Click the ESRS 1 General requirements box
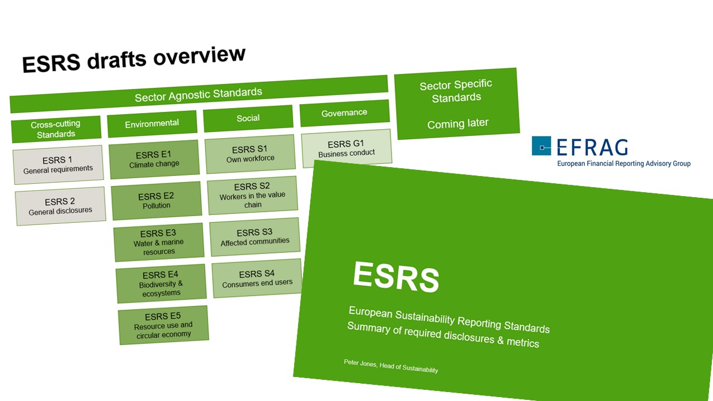pos(58,164)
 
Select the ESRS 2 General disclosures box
pos(60,206)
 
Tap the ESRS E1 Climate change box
pos(154,159)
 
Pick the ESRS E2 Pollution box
pos(157,200)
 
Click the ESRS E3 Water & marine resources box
pos(159,242)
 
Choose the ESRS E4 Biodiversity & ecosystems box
pos(161,283)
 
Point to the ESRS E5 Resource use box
pos(163,325)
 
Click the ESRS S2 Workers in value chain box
pos(252,195)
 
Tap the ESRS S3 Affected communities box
pos(255,237)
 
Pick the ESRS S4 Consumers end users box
pos(257,278)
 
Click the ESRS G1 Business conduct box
pos(346,148)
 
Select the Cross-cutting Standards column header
pos(56,129)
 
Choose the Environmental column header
pos(152,124)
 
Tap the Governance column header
pos(344,113)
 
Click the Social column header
pos(248,118)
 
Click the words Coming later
pos(458,124)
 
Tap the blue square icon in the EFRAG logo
pos(541,146)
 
